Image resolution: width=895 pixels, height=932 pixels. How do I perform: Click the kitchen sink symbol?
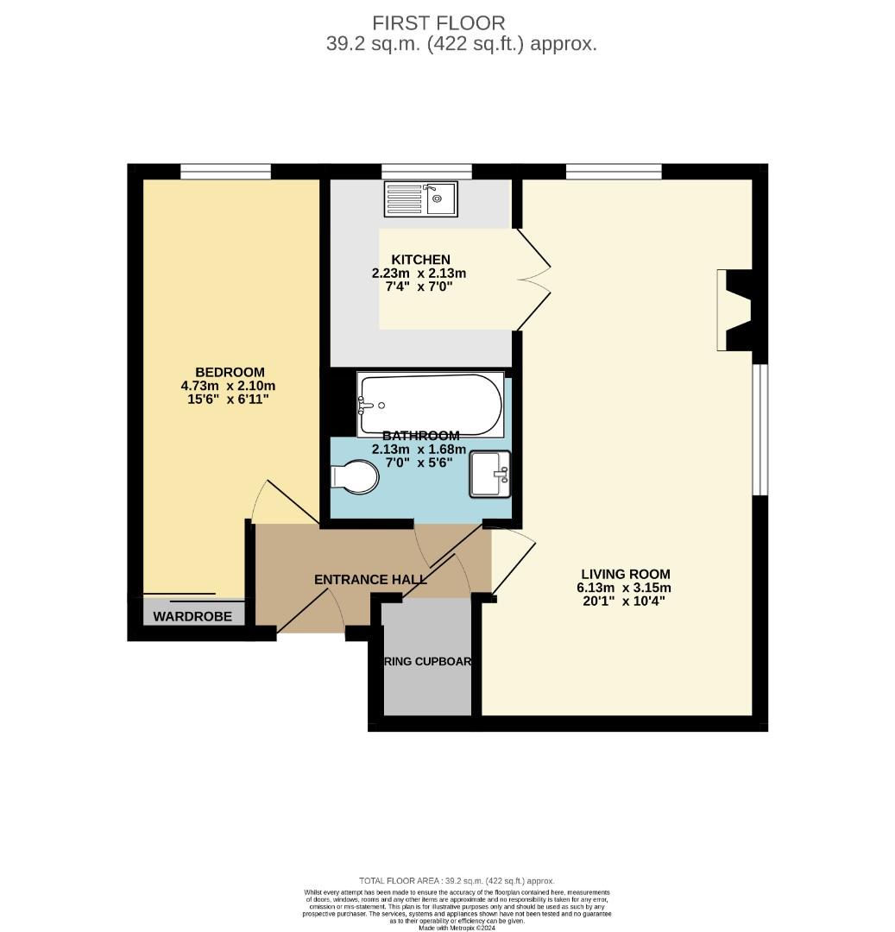422,199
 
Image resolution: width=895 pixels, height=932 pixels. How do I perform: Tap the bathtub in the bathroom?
430,405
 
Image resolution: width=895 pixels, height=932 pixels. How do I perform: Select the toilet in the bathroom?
356,477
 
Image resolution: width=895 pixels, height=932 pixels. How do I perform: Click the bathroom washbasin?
489,475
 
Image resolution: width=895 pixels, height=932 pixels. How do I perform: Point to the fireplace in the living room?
734,311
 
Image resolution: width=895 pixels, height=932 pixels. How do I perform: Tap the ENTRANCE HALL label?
370,579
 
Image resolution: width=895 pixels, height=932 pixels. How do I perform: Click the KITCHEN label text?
420,259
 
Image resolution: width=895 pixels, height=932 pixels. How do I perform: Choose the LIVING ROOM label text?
625,574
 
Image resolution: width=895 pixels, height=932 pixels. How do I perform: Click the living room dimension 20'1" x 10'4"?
625,601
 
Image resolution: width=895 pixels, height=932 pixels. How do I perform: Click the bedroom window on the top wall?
225,171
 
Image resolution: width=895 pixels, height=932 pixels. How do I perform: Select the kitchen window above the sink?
426,171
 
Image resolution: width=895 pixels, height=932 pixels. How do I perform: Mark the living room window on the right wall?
759,430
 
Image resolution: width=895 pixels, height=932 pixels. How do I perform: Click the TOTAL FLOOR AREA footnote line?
457,880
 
